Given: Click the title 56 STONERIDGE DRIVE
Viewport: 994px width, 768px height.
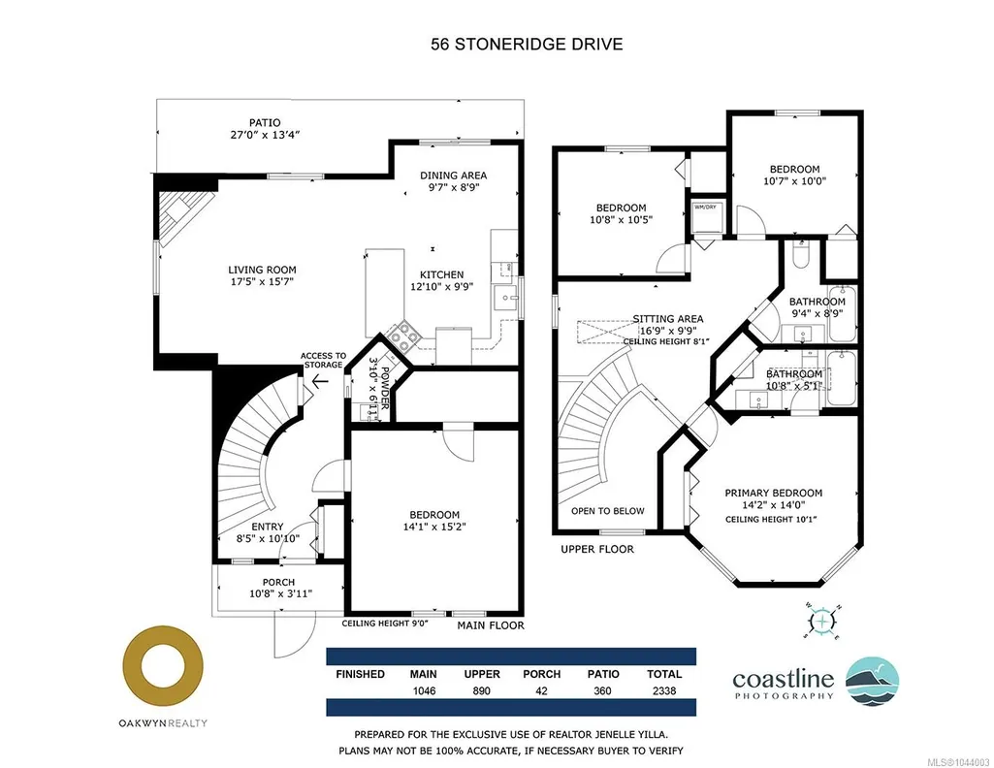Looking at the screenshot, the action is tap(527, 44).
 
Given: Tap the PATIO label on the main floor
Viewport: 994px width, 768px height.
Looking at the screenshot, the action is tap(265, 122).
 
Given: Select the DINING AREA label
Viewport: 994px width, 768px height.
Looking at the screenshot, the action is tap(453, 176).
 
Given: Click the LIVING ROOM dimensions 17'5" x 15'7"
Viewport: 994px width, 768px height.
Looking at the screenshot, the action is tap(263, 281).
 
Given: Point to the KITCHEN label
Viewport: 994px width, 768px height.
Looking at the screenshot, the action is tap(442, 275).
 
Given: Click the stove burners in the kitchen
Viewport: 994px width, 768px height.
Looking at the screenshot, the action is tap(403, 336).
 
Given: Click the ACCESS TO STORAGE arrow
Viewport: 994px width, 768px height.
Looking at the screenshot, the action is tap(319, 381).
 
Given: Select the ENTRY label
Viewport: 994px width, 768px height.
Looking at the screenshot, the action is tap(268, 527).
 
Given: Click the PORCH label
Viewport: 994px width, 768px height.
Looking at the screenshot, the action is tap(279, 583).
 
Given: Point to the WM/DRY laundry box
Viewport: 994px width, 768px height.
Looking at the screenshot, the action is tap(706, 216).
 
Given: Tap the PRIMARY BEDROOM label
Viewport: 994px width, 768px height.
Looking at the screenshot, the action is tap(774, 493).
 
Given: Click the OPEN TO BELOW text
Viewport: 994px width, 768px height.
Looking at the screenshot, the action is tap(607, 511).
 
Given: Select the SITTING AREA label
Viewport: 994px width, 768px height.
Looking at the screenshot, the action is tap(668, 319).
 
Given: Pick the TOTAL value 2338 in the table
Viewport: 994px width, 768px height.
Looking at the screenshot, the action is tap(664, 690).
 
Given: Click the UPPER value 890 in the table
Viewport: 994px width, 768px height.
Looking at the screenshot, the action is tap(482, 690).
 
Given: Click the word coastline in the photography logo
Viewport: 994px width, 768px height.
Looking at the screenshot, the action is tap(783, 680).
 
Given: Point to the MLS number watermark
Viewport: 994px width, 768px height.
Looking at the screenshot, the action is tap(958, 761).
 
